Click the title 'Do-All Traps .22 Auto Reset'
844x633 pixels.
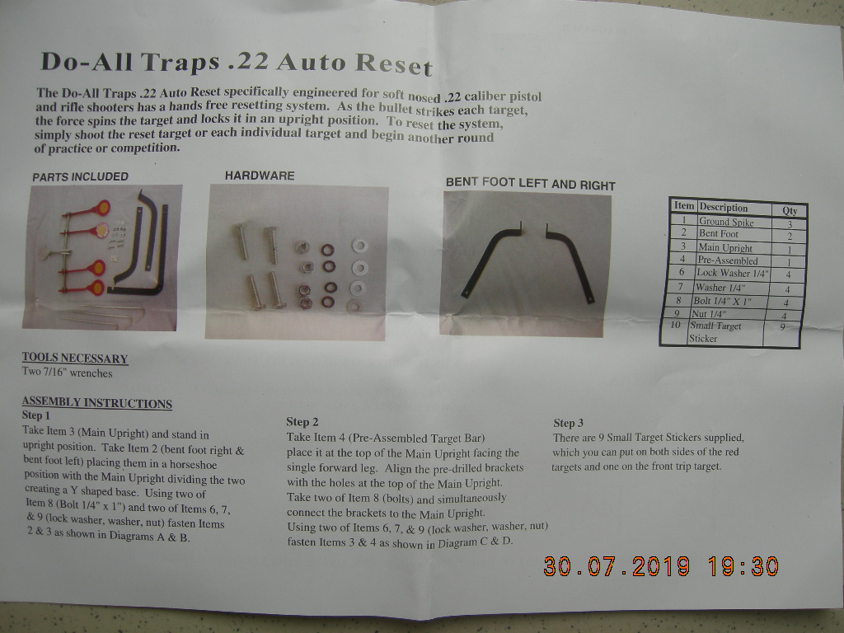point(237,63)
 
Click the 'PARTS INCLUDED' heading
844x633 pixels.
point(80,176)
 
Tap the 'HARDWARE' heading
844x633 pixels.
point(260,176)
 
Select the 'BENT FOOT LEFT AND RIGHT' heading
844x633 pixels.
point(530,184)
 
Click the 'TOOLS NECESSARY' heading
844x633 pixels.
point(75,359)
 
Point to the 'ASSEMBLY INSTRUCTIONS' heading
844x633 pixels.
point(97,402)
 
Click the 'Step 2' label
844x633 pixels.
point(302,422)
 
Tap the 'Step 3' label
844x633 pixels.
point(569,423)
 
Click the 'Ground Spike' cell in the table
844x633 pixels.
point(726,221)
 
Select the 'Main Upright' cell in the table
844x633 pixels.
point(725,247)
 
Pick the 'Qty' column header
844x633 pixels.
point(790,210)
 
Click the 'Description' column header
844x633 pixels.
point(724,207)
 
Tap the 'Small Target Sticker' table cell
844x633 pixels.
point(715,332)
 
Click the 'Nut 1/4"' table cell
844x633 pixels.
point(709,314)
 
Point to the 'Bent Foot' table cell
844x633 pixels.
point(719,234)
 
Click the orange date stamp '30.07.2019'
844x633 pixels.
point(617,567)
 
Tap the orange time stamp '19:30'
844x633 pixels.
point(743,567)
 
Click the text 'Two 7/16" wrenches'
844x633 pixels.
point(68,373)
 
